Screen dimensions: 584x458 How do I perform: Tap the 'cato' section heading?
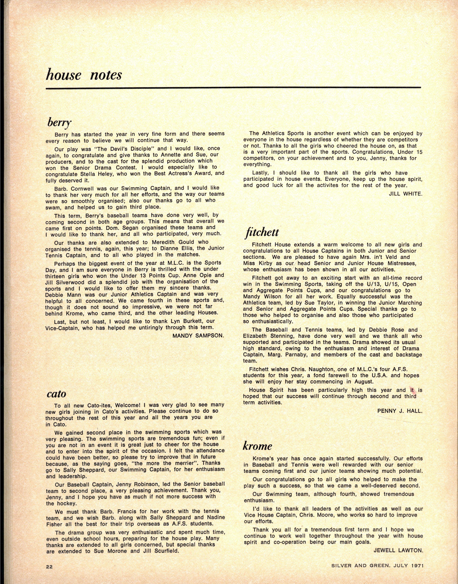pos(56,394)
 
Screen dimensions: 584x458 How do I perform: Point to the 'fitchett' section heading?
pos(261,232)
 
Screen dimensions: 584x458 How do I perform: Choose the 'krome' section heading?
pos(258,446)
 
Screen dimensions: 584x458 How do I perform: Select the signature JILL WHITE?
pos(405,194)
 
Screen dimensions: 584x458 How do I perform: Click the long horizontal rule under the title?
pos(233,87)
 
